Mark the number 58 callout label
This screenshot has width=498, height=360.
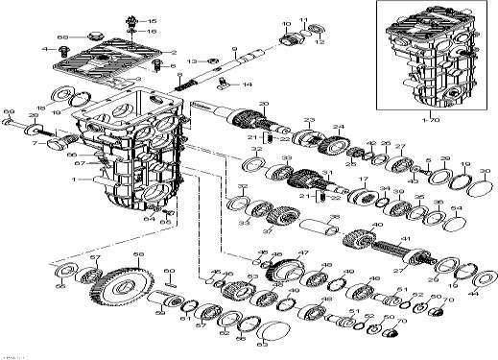coord(137,253)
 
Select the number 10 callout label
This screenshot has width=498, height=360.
coord(286,21)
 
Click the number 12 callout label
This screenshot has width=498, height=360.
coord(321,42)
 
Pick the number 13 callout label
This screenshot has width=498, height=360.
coord(191,60)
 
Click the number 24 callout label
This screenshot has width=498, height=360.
coord(337,126)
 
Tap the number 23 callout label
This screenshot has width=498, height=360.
coord(310,119)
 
